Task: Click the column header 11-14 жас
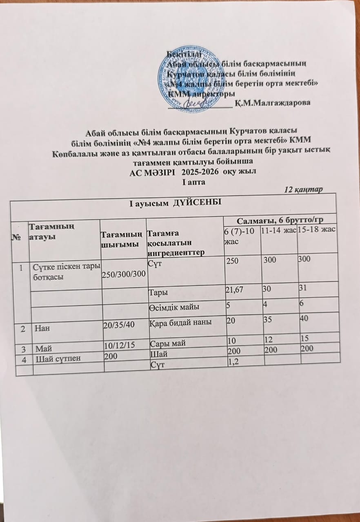point(278,230)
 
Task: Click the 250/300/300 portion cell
point(124,272)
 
